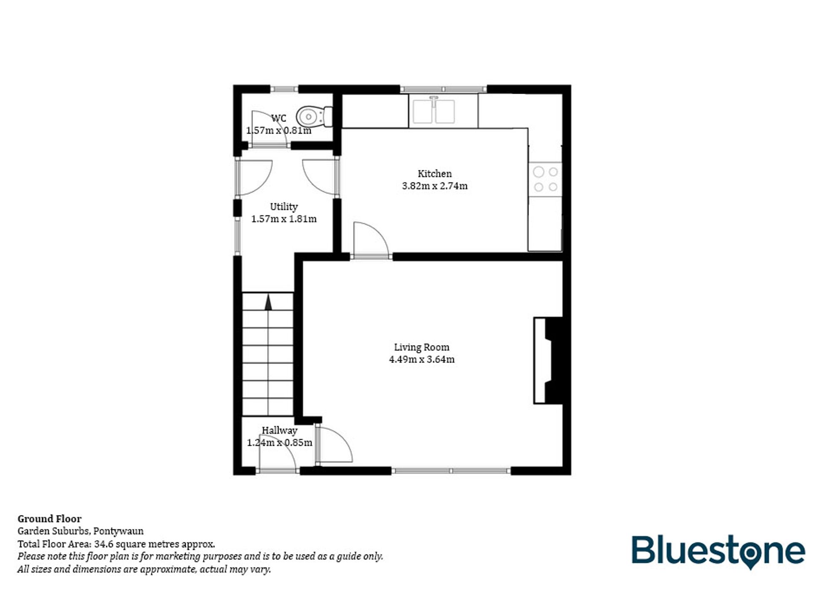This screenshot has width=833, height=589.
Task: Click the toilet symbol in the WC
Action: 313,116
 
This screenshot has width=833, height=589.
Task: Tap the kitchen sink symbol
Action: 434,111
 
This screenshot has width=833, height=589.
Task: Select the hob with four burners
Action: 546,179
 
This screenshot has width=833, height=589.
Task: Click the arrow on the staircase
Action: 268,303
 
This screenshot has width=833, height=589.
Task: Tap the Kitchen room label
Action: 434,174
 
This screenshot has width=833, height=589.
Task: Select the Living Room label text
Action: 421,347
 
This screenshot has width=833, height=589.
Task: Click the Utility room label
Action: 284,207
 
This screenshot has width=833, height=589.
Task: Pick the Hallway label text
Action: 279,430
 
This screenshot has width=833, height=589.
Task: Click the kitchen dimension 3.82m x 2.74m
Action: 434,186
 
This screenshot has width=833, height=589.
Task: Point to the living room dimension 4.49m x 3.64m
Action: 421,359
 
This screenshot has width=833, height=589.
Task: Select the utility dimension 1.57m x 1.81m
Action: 284,219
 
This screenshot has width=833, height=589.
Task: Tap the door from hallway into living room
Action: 333,445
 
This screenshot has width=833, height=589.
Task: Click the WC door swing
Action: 269,129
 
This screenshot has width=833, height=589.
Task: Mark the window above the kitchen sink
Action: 443,89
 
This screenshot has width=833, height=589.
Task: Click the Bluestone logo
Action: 718,552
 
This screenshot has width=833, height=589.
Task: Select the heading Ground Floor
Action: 50,519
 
